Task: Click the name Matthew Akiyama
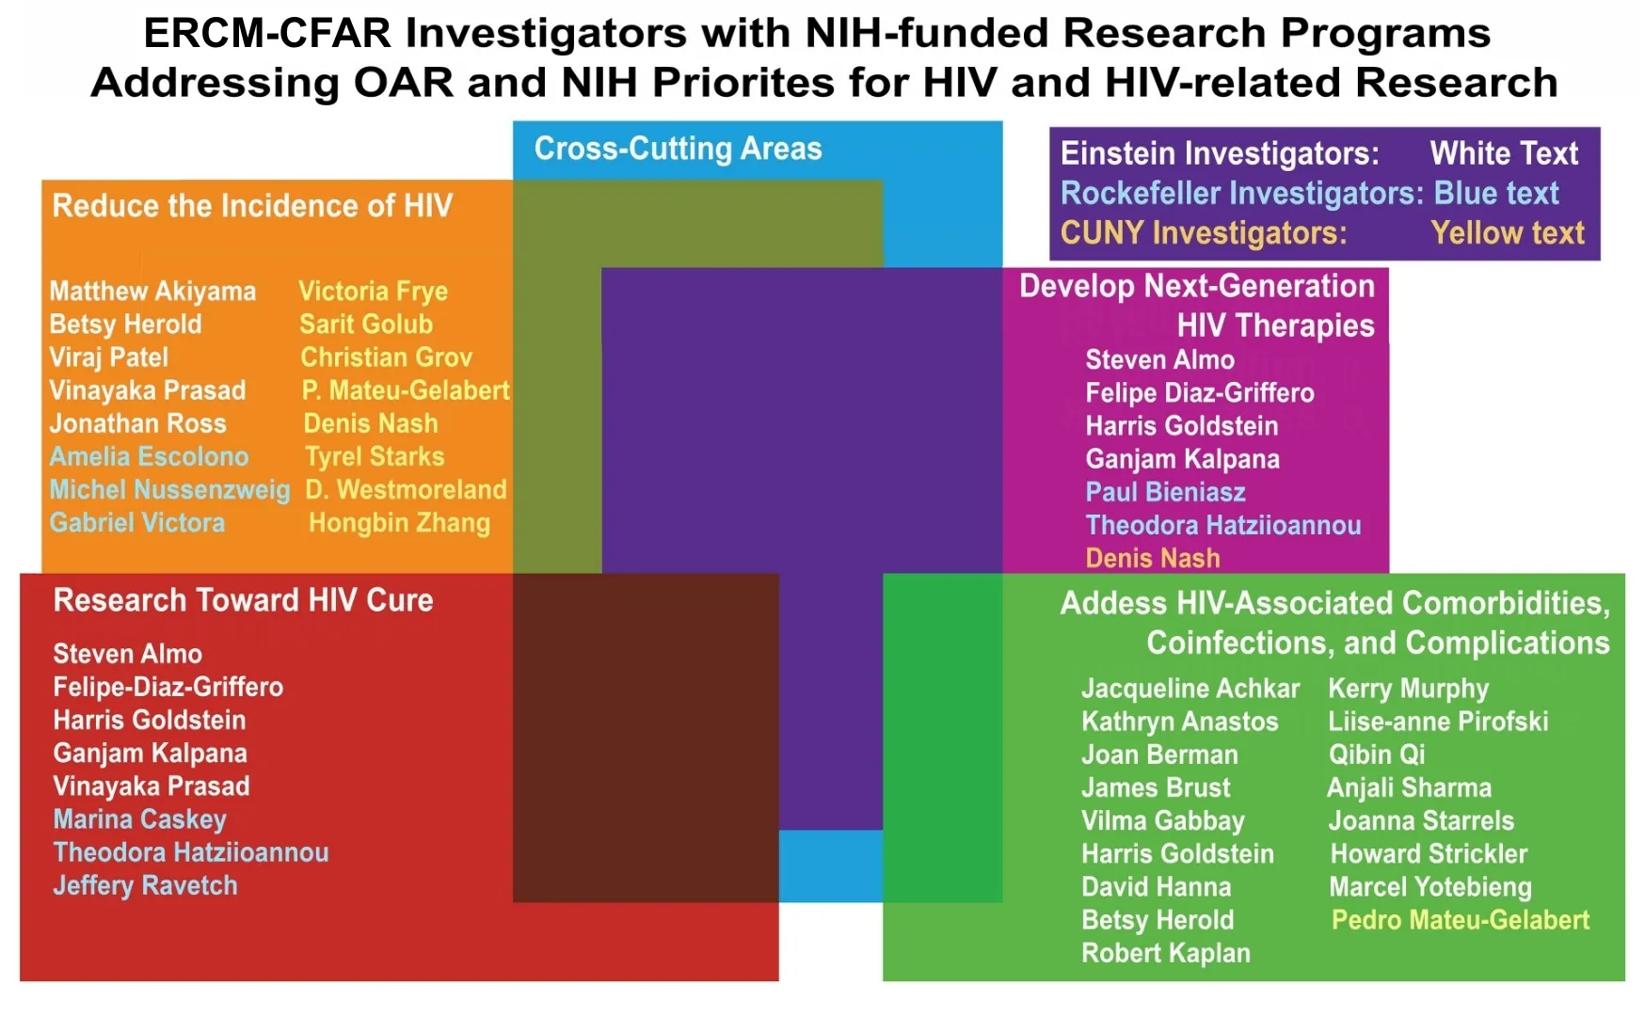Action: point(152,292)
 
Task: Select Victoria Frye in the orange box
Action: point(373,292)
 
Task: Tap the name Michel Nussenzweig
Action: point(169,490)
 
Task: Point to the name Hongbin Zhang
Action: point(399,523)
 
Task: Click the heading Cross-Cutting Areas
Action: point(678,149)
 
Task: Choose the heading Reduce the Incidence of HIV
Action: point(252,206)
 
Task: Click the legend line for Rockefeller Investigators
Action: point(1241,194)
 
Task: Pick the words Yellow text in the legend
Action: point(1508,233)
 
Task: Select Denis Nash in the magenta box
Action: point(1153,559)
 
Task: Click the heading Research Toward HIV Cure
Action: point(243,600)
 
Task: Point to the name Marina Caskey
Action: point(139,819)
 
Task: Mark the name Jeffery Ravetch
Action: point(145,886)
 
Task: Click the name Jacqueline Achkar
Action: point(1190,689)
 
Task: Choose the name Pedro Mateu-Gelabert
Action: point(1460,920)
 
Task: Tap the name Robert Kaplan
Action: point(1166,953)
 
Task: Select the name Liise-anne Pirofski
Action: point(1438,722)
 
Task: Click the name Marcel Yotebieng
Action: point(1429,887)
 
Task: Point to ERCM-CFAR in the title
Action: point(266,34)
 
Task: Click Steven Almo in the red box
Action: point(127,654)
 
